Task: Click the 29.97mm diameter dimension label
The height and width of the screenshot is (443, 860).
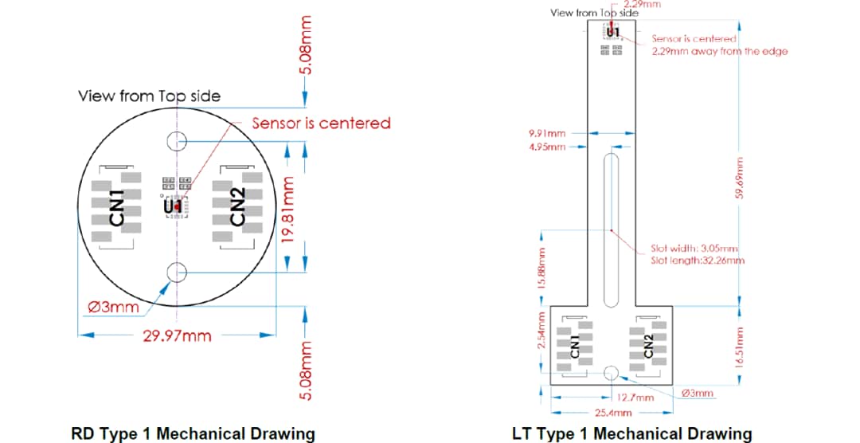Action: click(177, 335)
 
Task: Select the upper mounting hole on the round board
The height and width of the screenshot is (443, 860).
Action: click(176, 142)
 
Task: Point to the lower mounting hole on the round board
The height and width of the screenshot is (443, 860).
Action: click(176, 272)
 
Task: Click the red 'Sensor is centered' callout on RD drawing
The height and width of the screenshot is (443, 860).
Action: click(321, 123)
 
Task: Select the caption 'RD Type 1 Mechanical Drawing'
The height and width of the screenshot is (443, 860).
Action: click(193, 433)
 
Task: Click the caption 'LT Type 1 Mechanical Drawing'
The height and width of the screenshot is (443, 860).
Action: click(631, 433)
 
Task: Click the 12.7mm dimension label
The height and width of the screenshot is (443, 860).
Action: click(634, 397)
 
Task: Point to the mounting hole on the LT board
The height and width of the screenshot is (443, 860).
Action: click(612, 373)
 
